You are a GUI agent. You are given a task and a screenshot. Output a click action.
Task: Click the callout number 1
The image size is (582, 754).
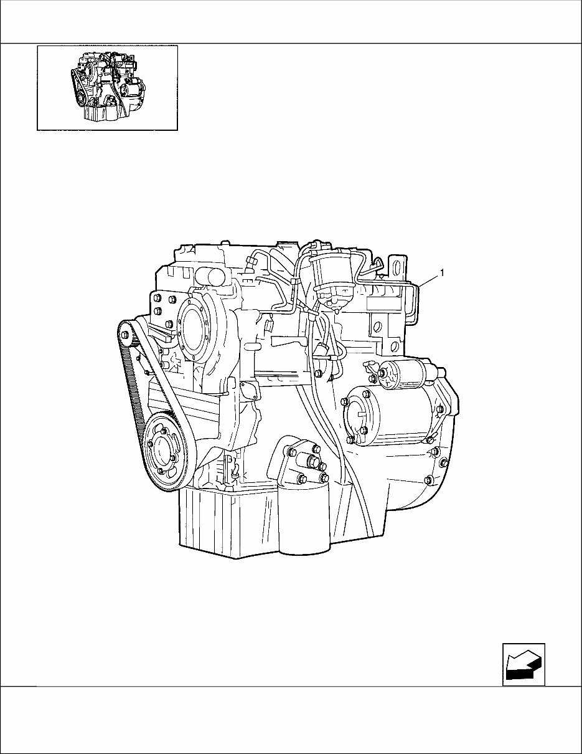[441, 272]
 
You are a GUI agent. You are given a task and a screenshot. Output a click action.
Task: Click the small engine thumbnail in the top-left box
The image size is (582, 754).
[107, 87]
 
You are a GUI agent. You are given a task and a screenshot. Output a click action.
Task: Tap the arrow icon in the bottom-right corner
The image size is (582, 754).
[523, 664]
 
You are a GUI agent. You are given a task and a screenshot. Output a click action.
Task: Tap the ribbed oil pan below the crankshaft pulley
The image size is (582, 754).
[227, 523]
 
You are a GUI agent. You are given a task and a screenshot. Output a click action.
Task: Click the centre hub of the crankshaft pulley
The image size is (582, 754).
[163, 450]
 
